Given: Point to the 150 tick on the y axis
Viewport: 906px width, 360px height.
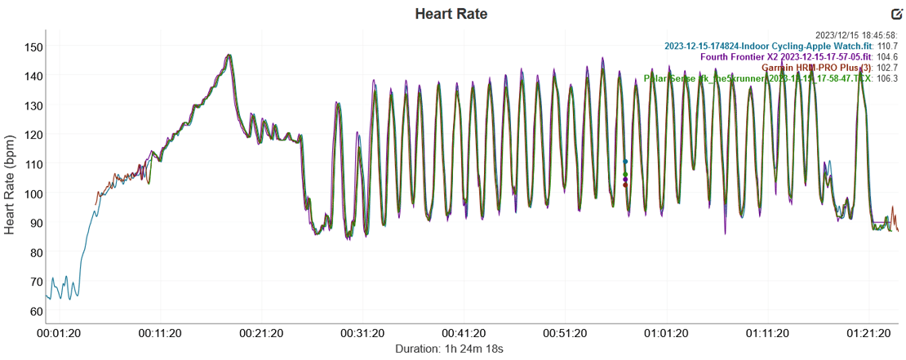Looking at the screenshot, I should [33, 47].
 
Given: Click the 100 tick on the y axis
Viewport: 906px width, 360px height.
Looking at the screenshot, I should [33, 193].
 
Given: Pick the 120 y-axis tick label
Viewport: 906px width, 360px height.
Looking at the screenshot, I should [33, 135].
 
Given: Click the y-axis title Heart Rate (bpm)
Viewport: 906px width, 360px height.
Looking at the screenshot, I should [11, 179].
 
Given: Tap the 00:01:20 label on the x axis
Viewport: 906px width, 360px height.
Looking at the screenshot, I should [60, 334].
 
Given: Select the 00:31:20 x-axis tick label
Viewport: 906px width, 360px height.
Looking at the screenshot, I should [363, 334].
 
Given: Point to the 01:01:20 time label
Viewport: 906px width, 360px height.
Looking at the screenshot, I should [666, 334].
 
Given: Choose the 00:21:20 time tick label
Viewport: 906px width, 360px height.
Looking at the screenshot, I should [262, 334].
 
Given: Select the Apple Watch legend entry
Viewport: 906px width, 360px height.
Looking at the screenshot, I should [768, 47].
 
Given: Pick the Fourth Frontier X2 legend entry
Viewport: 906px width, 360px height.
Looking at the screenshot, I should [787, 57].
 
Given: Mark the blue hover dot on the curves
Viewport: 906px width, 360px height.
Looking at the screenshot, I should [625, 162].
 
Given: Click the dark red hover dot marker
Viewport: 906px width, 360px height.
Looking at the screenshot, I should [625, 185].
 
